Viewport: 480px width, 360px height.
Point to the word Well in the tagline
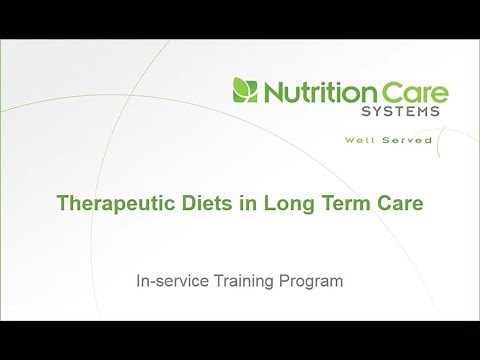coord(381,141)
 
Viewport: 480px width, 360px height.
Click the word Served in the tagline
coord(413,141)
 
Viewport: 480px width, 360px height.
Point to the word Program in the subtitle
coord(313,283)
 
